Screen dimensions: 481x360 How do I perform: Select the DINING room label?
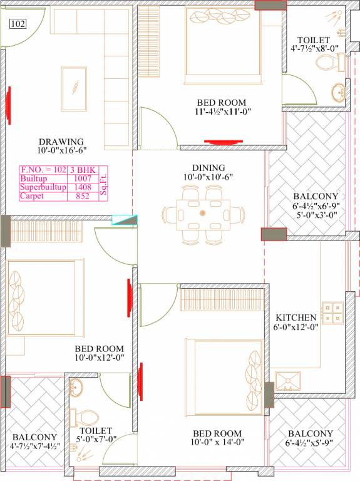tap(202, 168)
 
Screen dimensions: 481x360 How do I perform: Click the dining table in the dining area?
tap(202, 214)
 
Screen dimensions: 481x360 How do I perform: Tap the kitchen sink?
tap(287, 380)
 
